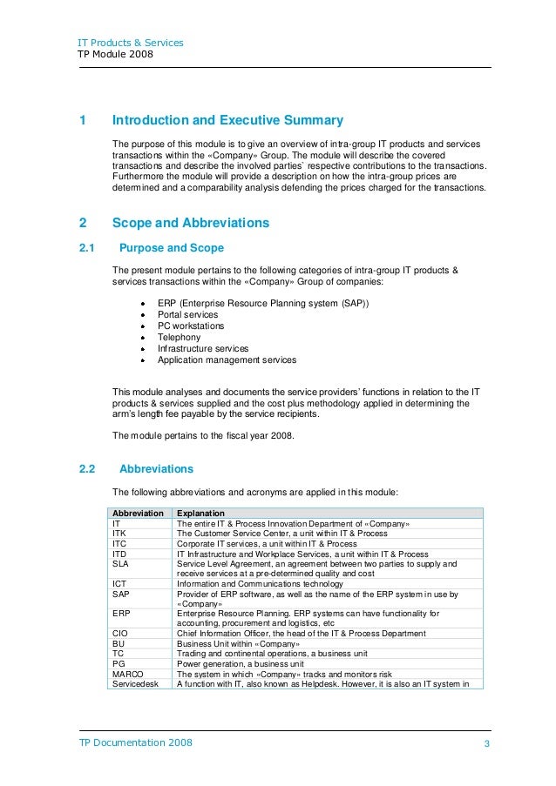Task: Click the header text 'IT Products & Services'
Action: (x=131, y=42)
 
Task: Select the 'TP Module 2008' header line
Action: (x=116, y=55)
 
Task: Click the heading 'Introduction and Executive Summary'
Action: (x=228, y=121)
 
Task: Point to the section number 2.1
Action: (x=87, y=248)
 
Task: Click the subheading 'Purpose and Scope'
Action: (x=171, y=248)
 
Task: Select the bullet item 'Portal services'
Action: (x=187, y=314)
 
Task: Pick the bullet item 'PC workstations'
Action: (x=190, y=326)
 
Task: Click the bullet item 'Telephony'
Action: (x=179, y=337)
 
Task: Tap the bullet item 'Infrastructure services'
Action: (x=202, y=348)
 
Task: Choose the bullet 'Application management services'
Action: (x=227, y=359)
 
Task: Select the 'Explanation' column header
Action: (x=201, y=513)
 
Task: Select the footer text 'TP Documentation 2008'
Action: (x=136, y=742)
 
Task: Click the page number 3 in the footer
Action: (x=486, y=742)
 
